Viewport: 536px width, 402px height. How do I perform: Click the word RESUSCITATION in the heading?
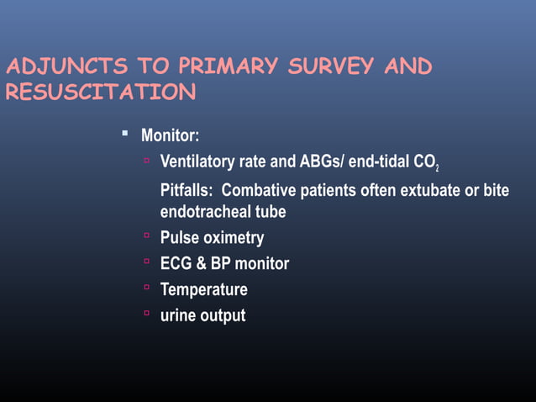(x=100, y=93)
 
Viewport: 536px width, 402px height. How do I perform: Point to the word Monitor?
(x=170, y=135)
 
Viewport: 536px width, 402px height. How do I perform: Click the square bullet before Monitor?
(x=124, y=133)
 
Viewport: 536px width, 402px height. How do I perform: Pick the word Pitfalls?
(x=187, y=191)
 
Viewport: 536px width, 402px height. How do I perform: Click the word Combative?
(x=258, y=191)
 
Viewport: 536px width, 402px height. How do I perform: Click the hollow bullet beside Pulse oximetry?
(x=146, y=236)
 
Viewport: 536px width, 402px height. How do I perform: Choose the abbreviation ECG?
(x=176, y=264)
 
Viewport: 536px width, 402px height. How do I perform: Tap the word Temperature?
(x=203, y=290)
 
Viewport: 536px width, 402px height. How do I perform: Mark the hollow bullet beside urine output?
(x=146, y=315)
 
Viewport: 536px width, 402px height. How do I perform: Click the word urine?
(x=178, y=316)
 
